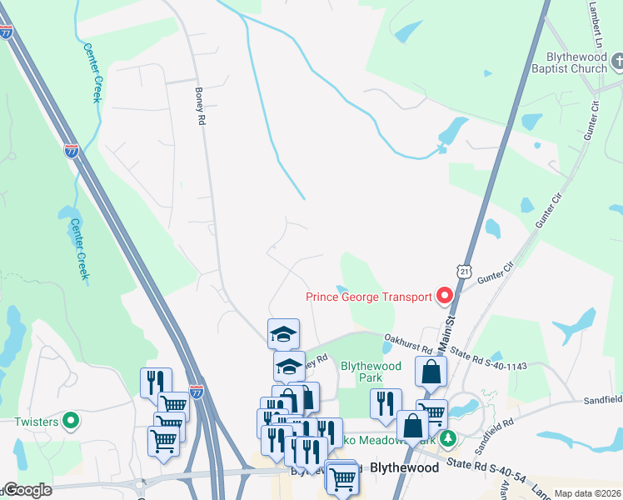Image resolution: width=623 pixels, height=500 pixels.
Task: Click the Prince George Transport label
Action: pyautogui.click(x=369, y=297)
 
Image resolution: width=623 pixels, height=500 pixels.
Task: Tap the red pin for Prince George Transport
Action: pyautogui.click(x=444, y=296)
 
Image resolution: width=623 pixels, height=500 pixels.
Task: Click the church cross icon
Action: pyautogui.click(x=618, y=61)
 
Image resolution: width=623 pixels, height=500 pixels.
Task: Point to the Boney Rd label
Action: pyautogui.click(x=200, y=107)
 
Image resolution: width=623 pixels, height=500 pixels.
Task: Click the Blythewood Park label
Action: pyautogui.click(x=371, y=372)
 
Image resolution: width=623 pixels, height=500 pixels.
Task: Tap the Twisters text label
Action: pyautogui.click(x=36, y=422)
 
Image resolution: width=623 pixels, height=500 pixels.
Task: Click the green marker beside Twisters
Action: pyautogui.click(x=71, y=421)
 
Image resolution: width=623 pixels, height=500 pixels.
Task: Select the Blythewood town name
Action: pyautogui.click(x=404, y=467)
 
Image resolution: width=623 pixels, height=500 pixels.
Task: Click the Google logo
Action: pyautogui.click(x=27, y=490)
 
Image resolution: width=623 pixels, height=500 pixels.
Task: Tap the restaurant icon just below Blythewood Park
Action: pyautogui.click(x=385, y=404)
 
